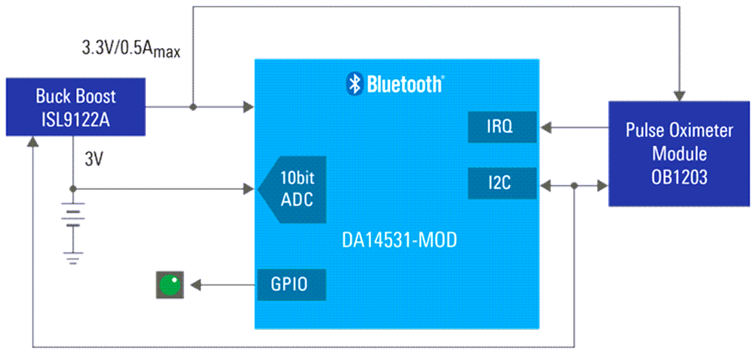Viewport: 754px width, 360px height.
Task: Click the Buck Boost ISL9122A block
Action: [76, 107]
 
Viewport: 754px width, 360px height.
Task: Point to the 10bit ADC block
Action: [292, 189]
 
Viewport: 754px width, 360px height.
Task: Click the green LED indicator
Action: [170, 285]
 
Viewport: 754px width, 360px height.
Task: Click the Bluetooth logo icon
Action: [354, 83]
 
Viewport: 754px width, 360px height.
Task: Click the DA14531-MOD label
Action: [399, 241]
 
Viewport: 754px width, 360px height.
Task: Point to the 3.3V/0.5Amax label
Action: [131, 49]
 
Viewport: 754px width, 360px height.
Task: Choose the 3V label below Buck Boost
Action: [94, 160]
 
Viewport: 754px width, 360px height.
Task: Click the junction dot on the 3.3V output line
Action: [193, 107]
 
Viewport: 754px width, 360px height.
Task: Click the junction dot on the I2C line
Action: [574, 184]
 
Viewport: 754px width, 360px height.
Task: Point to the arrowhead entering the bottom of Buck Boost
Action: [32, 142]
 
